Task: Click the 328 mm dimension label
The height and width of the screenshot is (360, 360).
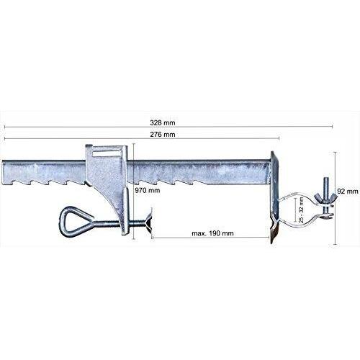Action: (x=163, y=122)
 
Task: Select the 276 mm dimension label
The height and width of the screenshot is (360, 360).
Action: (x=163, y=135)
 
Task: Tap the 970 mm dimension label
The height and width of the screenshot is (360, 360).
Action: (x=147, y=191)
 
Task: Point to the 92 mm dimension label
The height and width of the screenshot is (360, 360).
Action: (x=348, y=192)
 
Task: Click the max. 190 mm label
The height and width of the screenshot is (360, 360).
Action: (x=212, y=233)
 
